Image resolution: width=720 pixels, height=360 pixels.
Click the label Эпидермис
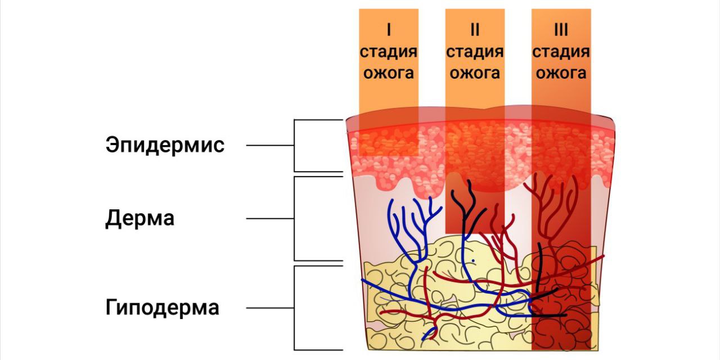coord(165,145)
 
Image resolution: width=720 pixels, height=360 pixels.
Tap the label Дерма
coord(139,218)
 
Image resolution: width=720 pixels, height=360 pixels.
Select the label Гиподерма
coord(162,308)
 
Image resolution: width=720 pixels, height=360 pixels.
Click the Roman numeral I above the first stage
coord(389,29)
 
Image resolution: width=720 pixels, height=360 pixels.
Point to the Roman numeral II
coord(474,29)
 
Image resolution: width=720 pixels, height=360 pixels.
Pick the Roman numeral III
coord(560,29)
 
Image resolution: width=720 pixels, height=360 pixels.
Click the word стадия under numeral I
coord(389,52)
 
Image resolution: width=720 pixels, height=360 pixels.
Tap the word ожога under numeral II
coord(474,73)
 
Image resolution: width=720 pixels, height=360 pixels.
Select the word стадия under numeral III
coord(560,52)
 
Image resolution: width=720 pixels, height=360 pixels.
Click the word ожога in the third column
coord(560,73)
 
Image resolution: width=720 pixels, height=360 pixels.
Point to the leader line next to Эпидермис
coord(270,145)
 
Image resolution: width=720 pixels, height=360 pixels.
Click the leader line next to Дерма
coord(270,218)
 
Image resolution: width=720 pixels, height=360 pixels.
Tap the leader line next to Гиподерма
coord(270,308)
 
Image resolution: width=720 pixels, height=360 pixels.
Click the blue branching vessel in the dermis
coord(413,225)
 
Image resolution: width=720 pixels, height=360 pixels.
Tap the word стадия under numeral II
coord(474,52)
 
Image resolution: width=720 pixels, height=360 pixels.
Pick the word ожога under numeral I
coord(389,73)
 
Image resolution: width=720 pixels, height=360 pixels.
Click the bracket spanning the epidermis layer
coord(295,145)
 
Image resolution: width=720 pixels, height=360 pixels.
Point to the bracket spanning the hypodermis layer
coord(295,308)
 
